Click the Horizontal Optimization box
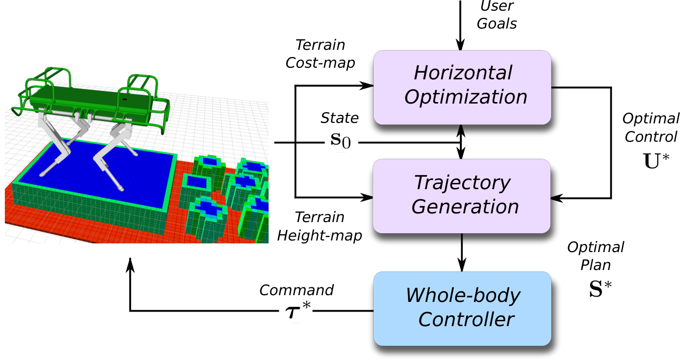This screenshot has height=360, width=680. coord(462,88)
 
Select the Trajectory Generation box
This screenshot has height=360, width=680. coord(462,196)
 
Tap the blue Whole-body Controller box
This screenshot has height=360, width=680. coord(462,308)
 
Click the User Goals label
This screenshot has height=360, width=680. coord(497,15)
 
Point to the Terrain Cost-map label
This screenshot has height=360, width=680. coord(320,54)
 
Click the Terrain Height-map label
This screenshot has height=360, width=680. coord(319,226)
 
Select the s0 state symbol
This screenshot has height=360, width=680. coord(340,141)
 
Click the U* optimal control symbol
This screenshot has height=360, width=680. coord(656,161)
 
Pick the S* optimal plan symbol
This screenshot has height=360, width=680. coord(600,289)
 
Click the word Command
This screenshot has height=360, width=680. coord(296,290)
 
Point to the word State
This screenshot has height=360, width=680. coord(340,118)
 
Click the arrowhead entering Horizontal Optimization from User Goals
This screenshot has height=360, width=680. coord(460,45)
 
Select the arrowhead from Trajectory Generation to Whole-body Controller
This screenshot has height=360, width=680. coord(462,266)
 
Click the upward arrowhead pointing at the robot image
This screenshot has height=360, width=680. coord(130,264)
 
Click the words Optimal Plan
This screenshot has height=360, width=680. coord(596,256)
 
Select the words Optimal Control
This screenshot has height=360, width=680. coord(651,128)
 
